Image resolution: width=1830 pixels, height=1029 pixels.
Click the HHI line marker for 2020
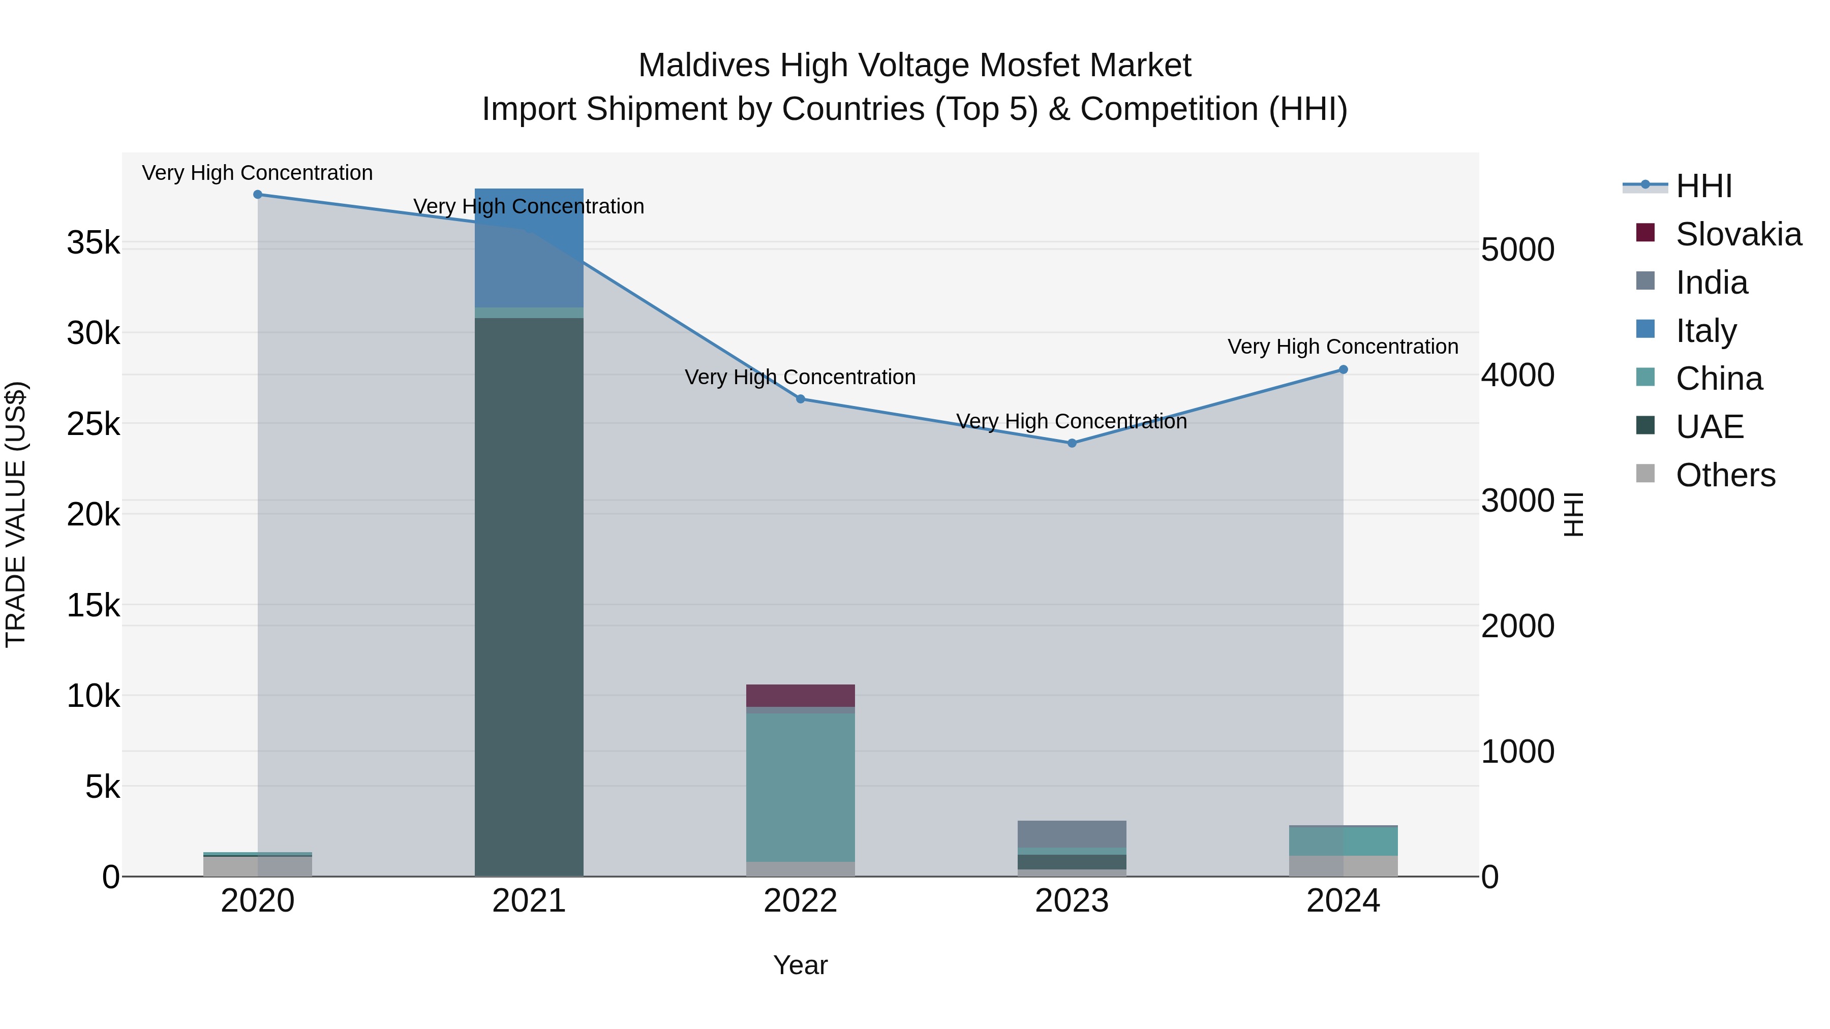point(258,195)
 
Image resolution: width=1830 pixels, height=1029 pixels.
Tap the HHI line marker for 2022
point(801,399)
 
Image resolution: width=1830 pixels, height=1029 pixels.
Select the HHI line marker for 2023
point(1072,443)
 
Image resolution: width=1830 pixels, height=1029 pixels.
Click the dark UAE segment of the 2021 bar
point(529,597)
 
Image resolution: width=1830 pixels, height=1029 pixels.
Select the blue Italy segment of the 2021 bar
point(529,248)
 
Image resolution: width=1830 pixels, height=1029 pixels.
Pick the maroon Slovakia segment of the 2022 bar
point(801,695)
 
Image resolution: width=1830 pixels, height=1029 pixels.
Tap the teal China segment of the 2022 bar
point(801,787)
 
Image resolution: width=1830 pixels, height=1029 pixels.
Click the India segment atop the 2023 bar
point(1072,834)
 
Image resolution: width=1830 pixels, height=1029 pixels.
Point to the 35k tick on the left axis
point(93,243)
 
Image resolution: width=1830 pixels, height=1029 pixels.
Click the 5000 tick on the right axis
point(1518,250)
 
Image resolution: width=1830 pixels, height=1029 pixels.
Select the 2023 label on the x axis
point(1072,901)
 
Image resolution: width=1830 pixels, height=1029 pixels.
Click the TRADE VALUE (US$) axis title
point(16,514)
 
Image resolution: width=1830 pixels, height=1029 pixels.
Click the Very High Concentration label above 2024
point(1343,347)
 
